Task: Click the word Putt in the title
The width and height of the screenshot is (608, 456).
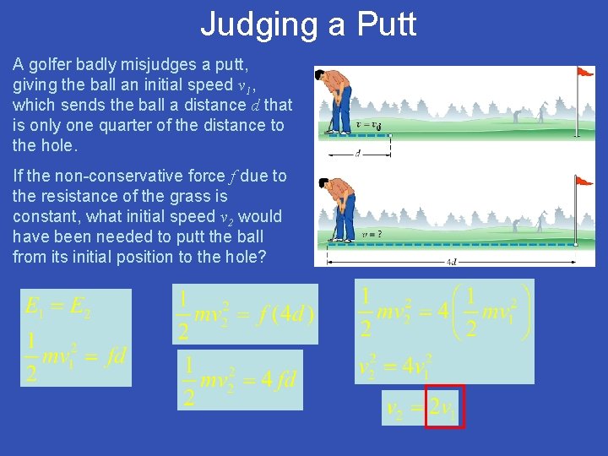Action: tap(387, 24)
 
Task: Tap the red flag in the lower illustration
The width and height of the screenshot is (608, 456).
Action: tap(584, 181)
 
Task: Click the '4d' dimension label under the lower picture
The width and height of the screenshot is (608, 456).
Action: tap(453, 262)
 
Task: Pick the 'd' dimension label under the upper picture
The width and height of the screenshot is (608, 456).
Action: tap(358, 153)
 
